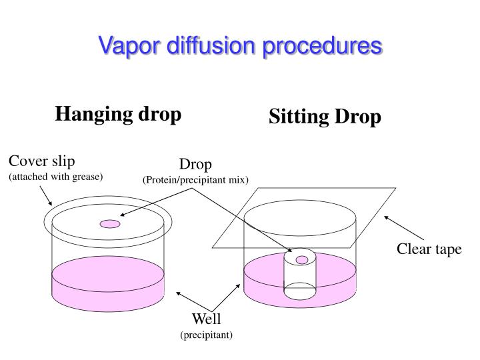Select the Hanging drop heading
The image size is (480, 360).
[x=118, y=114]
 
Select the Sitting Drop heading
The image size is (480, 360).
[x=325, y=117]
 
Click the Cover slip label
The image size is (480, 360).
[x=41, y=161]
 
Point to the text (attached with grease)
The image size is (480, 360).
[x=55, y=177]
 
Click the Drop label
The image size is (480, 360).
[x=195, y=165]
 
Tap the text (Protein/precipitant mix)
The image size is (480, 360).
[x=195, y=180]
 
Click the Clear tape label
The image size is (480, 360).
[x=429, y=249]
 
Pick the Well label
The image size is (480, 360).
[x=206, y=319]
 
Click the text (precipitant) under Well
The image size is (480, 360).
[x=206, y=335]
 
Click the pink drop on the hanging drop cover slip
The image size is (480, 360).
[x=109, y=224]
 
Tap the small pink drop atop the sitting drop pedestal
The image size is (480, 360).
[x=302, y=259]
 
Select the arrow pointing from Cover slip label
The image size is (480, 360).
[x=44, y=195]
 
